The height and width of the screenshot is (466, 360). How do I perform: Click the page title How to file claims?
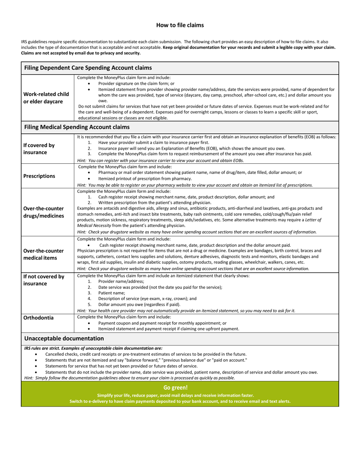(x=180, y=25)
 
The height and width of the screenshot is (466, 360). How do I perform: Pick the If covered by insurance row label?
(x=39, y=149)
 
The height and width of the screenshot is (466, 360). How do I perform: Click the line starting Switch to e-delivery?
(x=180, y=401)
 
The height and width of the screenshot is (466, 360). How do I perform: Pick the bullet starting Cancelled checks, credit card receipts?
(x=146, y=354)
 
